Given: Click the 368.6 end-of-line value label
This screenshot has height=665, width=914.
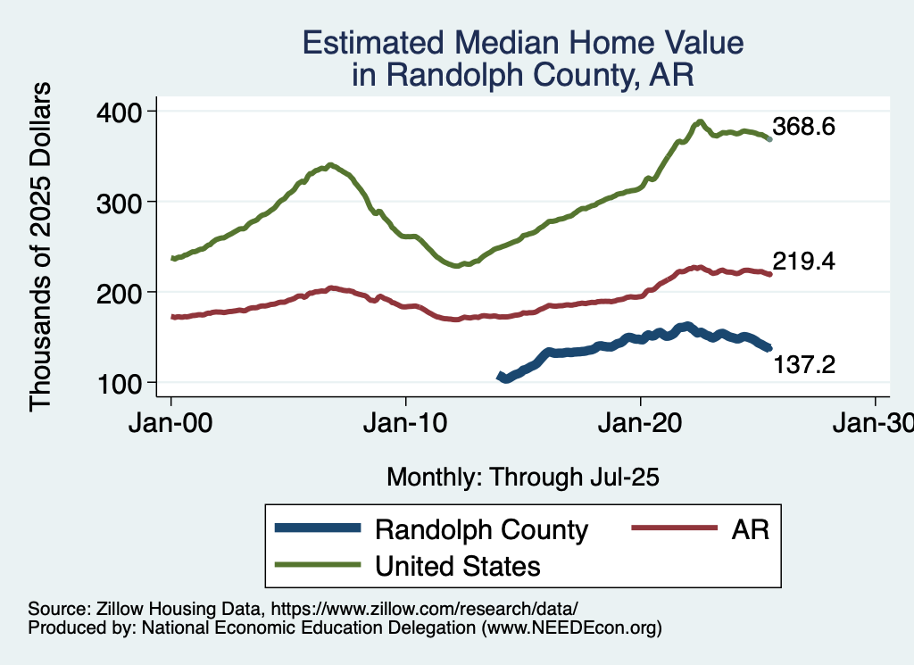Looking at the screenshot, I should click(x=803, y=127).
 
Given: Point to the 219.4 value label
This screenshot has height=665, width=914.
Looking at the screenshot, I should click(x=803, y=262).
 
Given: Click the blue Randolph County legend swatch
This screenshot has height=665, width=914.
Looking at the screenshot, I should click(x=318, y=528).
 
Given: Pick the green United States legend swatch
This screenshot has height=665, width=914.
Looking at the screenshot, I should click(x=318, y=565).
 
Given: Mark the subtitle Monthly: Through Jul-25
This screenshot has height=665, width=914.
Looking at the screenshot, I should click(x=523, y=478).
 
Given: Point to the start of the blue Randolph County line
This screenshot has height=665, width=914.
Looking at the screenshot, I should click(x=500, y=377).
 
